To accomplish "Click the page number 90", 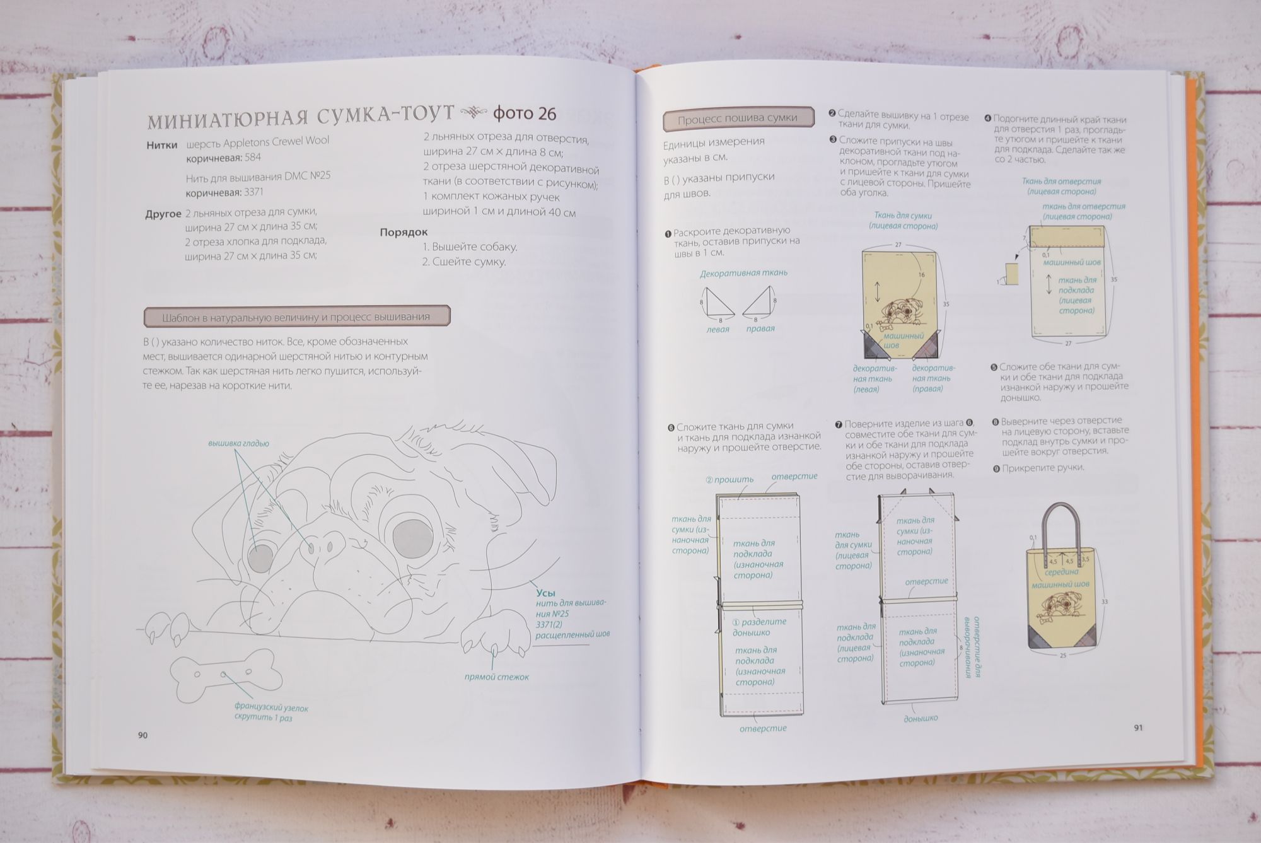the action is [142, 735].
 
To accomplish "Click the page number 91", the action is [1138, 728].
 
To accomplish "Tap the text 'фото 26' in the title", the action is [525, 113].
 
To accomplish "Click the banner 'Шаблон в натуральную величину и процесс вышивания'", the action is [296, 317].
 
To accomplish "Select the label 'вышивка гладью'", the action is [239, 443].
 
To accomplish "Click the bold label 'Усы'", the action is [546, 593].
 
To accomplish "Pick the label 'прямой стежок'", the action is [497, 677].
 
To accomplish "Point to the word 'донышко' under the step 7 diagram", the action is [921, 718].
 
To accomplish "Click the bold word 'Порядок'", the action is [404, 232].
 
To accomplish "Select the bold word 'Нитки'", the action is [162, 144].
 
